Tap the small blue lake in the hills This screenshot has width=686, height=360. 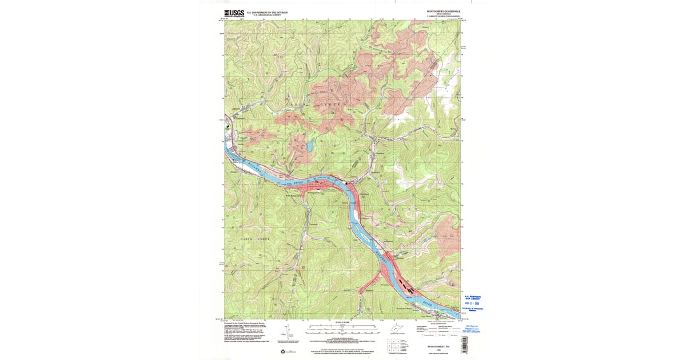point(309,147)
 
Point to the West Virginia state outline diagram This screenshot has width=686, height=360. point(395,330)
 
